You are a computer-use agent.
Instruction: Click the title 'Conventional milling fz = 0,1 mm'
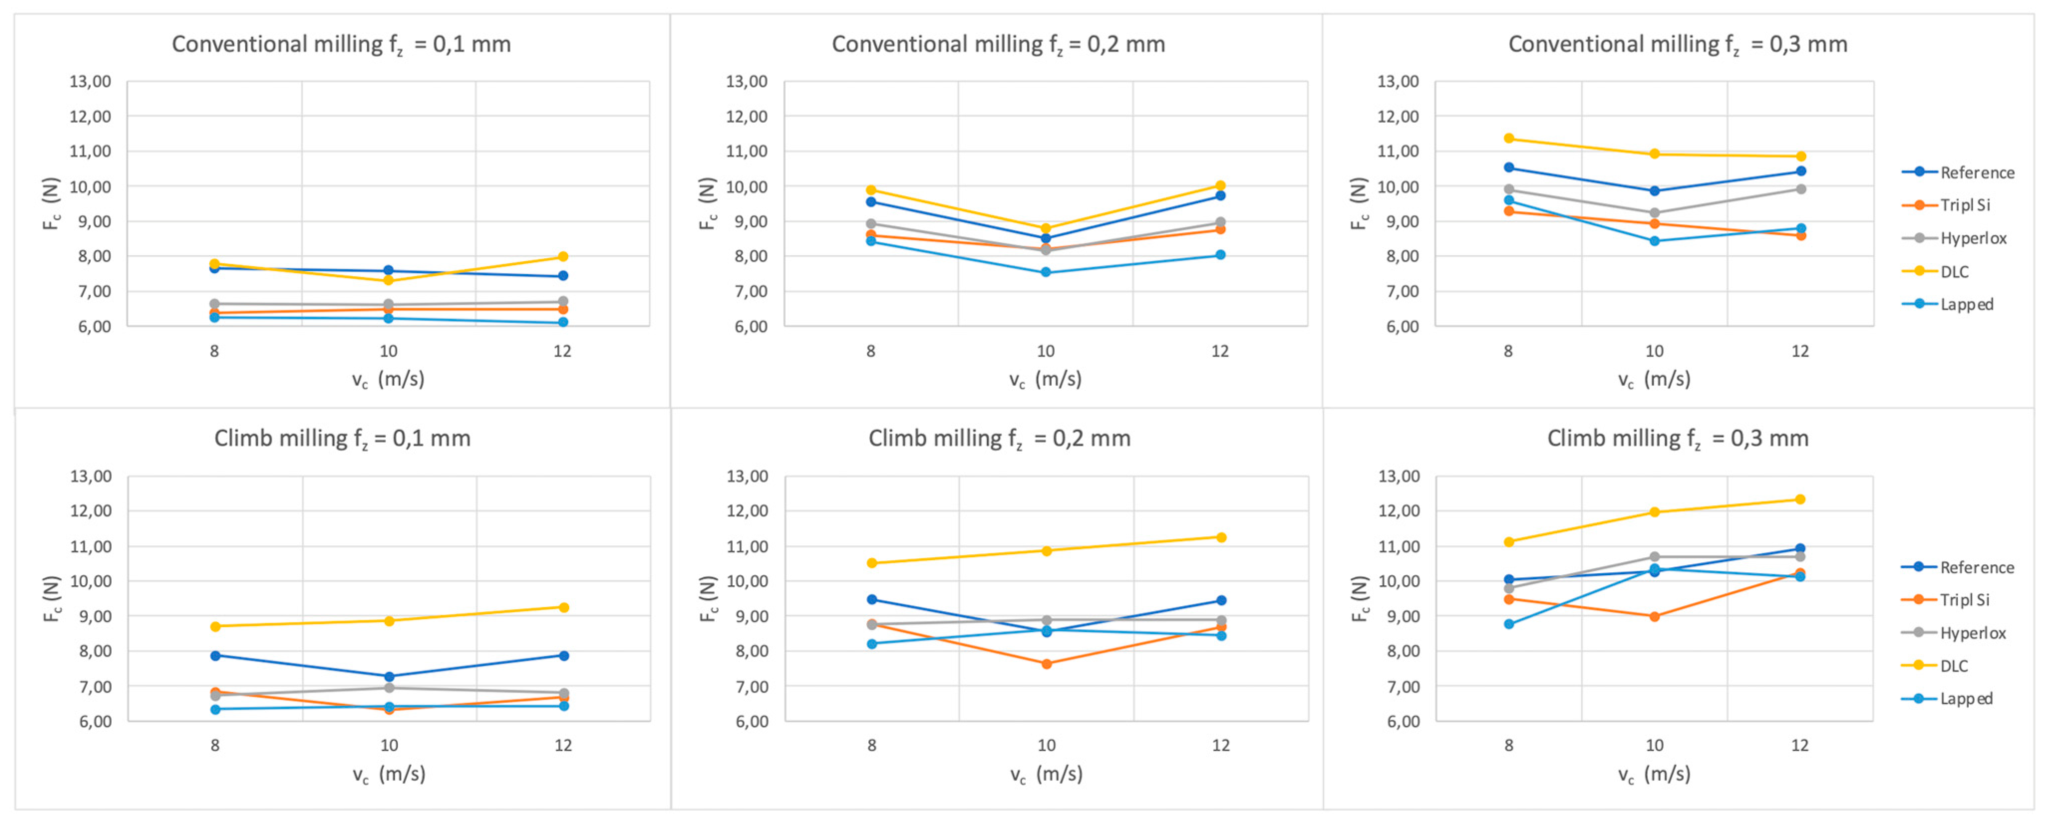[x=341, y=44]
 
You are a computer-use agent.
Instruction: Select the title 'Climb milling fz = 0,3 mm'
[x=1678, y=439]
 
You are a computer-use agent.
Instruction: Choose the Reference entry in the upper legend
[x=1977, y=172]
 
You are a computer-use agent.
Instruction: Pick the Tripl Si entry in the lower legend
[x=1964, y=600]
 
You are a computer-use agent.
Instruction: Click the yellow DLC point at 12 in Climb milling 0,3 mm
[x=1800, y=499]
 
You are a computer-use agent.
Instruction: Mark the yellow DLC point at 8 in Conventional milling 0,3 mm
[x=1509, y=139]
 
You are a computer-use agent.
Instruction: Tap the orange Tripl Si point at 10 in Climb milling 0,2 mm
[x=1046, y=664]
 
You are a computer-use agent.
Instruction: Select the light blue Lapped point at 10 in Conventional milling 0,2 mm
[x=1045, y=273]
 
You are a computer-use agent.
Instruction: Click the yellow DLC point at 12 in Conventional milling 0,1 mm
[x=562, y=257]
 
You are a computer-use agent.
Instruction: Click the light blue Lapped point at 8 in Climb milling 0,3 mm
[x=1509, y=624]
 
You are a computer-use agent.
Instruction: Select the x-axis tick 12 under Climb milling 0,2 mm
[x=1220, y=746]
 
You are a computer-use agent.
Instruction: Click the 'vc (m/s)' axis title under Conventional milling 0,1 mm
[x=388, y=379]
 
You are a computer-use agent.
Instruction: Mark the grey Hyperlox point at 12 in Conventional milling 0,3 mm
[x=1800, y=189]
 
